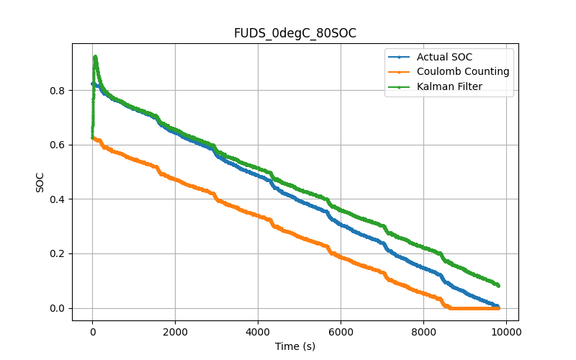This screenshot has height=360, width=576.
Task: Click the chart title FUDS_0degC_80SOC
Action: tap(295, 33)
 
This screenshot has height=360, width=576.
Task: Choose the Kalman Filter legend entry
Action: tap(450, 86)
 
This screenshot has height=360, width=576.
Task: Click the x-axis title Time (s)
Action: tap(295, 346)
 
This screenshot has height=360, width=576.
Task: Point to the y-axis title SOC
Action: tap(40, 181)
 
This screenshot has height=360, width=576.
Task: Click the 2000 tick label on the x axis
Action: tap(175, 331)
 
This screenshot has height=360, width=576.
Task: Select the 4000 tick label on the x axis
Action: tap(258, 331)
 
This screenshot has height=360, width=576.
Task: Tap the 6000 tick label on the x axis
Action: tap(341, 331)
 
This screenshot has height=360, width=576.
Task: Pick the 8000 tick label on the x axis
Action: tap(423, 331)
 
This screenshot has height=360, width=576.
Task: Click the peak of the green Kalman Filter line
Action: tap(95, 56)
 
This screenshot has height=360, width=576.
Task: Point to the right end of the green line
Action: tap(498, 286)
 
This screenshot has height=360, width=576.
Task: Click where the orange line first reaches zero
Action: tap(450, 308)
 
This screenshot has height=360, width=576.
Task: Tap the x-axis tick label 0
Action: tap(92, 331)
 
